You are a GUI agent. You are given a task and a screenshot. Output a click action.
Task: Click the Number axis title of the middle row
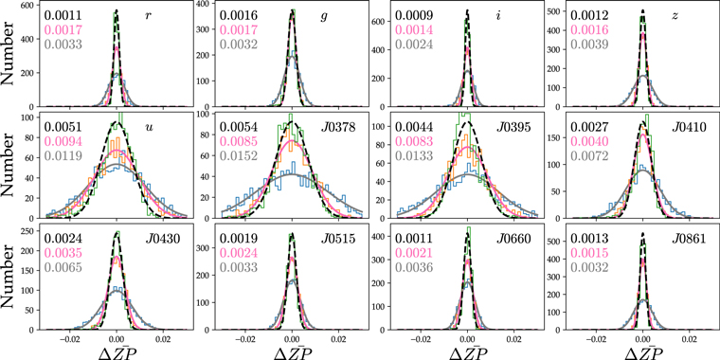click(9, 170)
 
